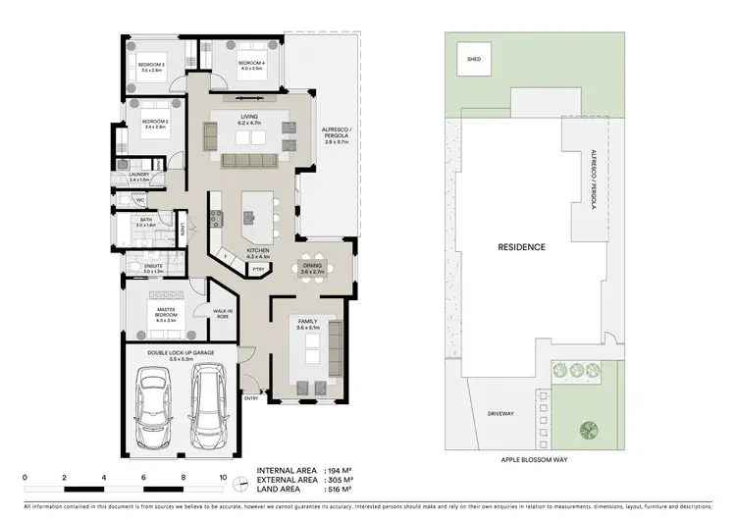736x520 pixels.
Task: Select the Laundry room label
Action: click(x=140, y=175)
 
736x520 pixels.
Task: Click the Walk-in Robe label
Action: click(x=224, y=314)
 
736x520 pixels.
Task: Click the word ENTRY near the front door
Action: click(x=251, y=398)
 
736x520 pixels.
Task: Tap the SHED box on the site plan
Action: click(x=473, y=60)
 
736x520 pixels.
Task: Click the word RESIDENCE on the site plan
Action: click(x=520, y=247)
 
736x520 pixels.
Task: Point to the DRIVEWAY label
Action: click(x=499, y=414)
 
